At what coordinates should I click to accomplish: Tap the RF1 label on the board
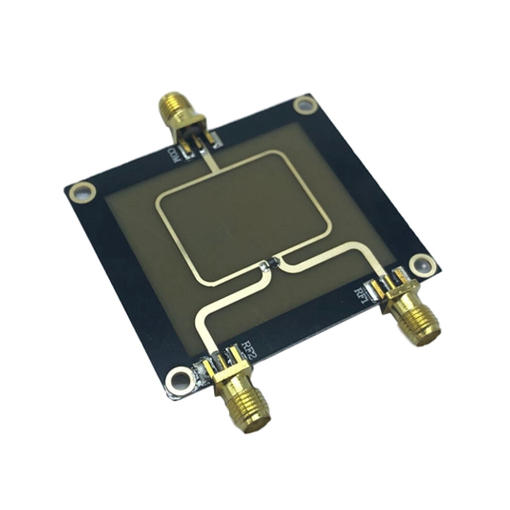coord(361,295)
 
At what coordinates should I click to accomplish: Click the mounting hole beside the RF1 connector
coord(421,263)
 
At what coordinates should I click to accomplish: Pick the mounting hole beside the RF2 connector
coord(178,379)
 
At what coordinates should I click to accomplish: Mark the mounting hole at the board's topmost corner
coord(305,106)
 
